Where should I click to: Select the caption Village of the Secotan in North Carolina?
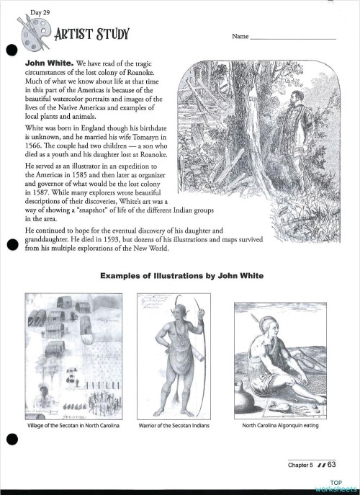pos(72,427)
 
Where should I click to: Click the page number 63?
pos(332,465)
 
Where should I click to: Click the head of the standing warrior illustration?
pos(174,309)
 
